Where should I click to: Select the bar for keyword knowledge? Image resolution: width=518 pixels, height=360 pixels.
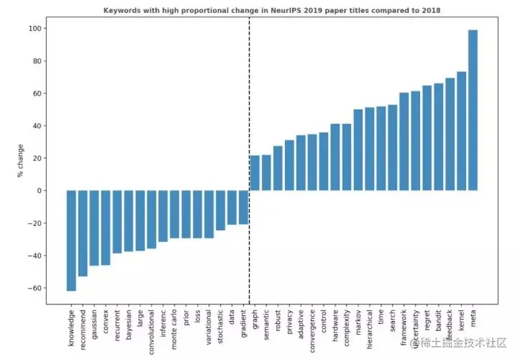(x=71, y=240)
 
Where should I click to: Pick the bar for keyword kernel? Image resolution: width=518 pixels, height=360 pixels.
(x=461, y=131)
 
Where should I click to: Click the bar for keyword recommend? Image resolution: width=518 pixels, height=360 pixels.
(x=83, y=233)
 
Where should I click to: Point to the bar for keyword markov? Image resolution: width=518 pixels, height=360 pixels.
(x=358, y=150)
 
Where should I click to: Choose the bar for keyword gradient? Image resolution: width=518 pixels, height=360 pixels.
(x=243, y=207)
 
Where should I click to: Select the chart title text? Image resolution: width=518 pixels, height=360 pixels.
(x=272, y=11)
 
